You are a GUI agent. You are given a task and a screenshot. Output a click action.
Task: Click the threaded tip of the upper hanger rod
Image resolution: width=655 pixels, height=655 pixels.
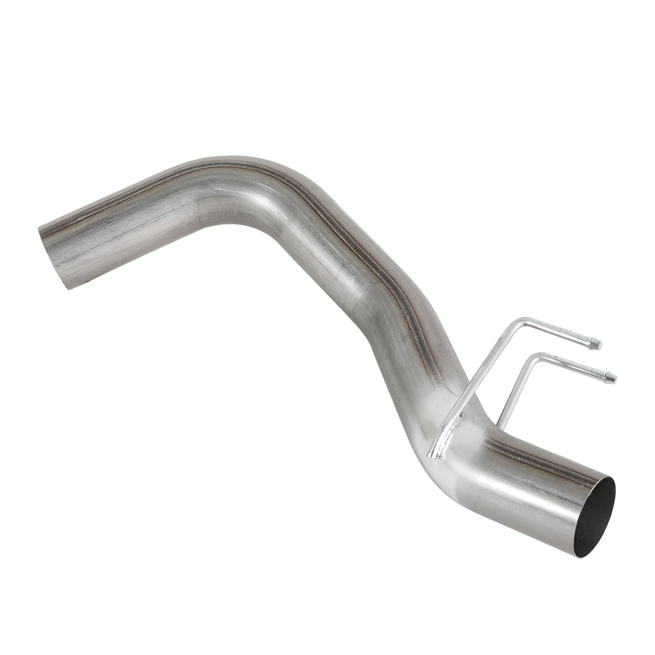click(595, 344)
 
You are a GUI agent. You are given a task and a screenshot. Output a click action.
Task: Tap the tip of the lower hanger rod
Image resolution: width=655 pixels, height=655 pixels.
click(610, 378)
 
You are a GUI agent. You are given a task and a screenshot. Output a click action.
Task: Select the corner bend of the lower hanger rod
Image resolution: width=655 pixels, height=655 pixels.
click(539, 356)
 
